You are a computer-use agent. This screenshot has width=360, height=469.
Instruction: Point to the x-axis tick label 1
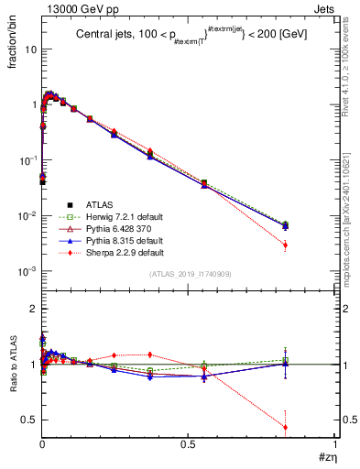tap(335, 443)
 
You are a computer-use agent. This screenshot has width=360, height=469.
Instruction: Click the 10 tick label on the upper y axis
tap(30, 49)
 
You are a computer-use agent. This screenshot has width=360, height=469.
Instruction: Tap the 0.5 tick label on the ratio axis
tap(27, 420)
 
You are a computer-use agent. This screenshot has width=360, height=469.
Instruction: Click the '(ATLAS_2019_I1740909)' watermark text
tap(189, 274)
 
